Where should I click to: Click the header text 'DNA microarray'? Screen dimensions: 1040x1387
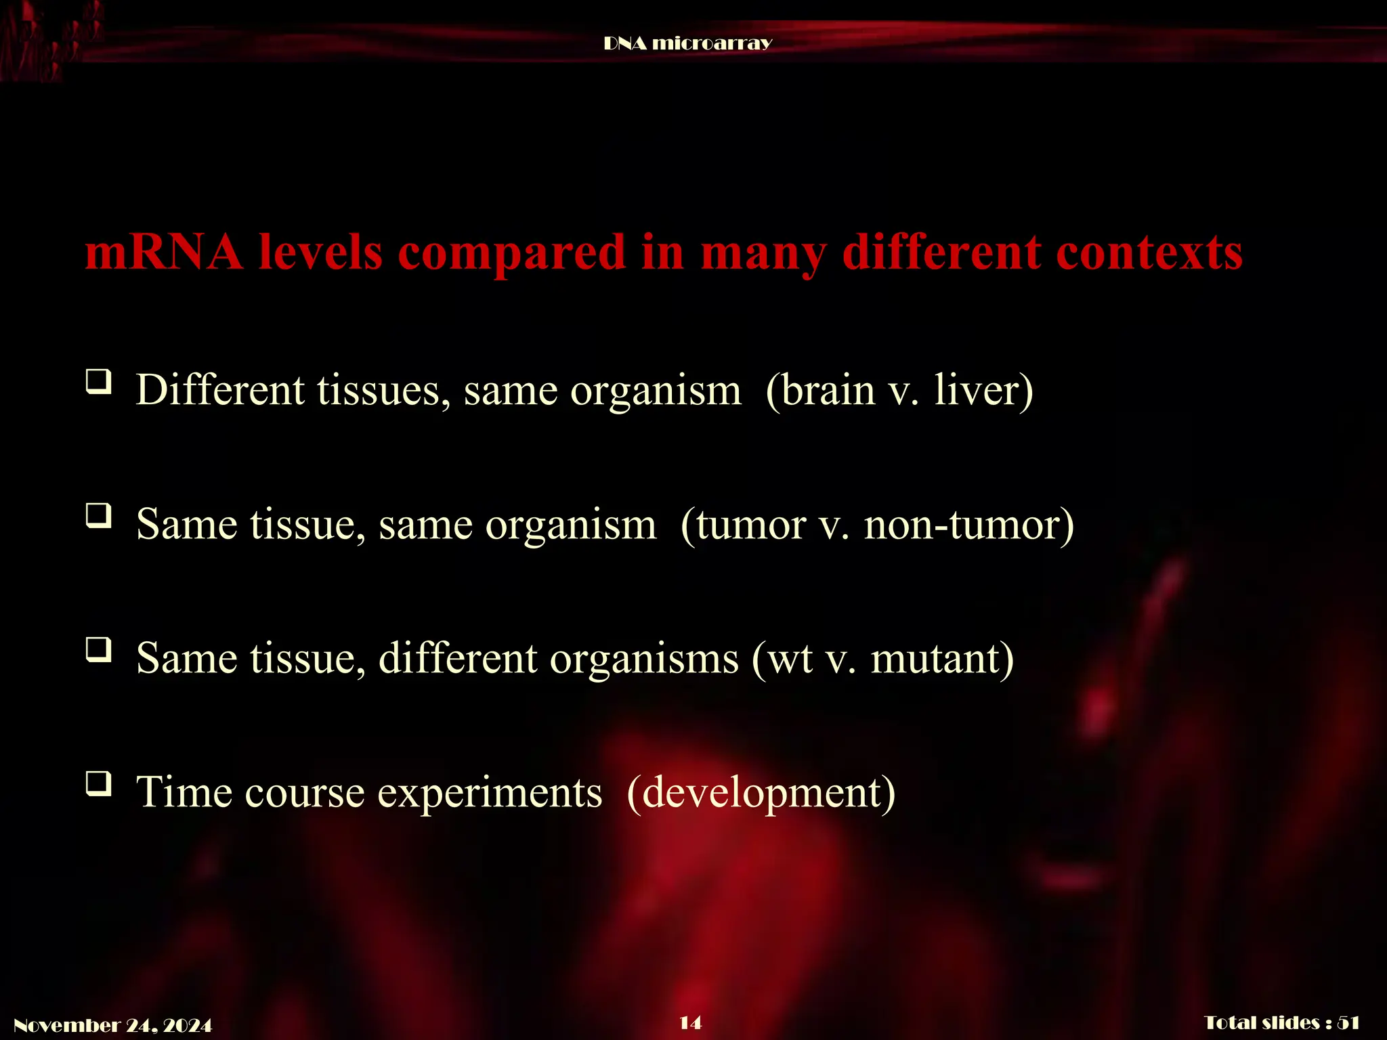tap(687, 43)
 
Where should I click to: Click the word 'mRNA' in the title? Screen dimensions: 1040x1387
tap(163, 253)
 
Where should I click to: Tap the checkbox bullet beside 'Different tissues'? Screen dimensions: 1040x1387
tap(99, 382)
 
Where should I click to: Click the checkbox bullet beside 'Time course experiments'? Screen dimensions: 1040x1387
tap(99, 784)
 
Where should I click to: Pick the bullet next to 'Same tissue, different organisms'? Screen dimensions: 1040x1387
tap(99, 650)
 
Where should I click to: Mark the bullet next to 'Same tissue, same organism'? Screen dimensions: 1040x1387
tap(99, 516)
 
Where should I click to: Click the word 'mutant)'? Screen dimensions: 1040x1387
tap(942, 659)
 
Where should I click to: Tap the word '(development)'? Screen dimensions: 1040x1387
tap(761, 793)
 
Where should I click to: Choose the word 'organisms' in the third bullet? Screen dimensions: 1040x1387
tap(644, 659)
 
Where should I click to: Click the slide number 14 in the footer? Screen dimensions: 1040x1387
tap(690, 1022)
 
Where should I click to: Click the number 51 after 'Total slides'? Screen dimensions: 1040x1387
tap(1348, 1022)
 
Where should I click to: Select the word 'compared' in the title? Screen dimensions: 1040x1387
tap(512, 253)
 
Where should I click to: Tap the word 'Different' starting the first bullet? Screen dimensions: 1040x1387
tap(220, 391)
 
